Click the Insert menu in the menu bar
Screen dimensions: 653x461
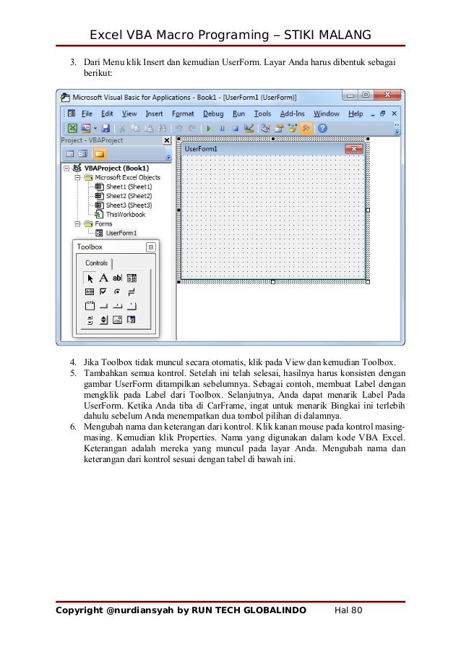coord(154,114)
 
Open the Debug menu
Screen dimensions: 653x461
coord(213,114)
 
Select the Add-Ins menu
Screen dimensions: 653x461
coord(292,114)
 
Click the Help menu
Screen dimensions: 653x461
coord(356,114)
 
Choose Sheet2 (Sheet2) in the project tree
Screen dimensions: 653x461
coord(129,196)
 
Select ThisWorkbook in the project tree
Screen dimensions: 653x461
coord(126,215)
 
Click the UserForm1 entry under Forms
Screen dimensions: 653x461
coord(121,234)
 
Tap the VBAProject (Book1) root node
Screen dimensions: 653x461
coord(116,167)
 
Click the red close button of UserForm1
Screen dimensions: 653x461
coord(353,149)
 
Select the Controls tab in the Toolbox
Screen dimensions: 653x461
coord(96,263)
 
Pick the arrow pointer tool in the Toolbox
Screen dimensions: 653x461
coord(90,278)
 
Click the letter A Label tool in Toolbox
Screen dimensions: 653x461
coord(104,278)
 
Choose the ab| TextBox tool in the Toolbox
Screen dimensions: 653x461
coord(117,278)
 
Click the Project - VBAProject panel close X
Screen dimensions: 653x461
coord(166,140)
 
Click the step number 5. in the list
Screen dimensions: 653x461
coord(74,372)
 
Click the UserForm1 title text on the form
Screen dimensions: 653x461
coord(202,149)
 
